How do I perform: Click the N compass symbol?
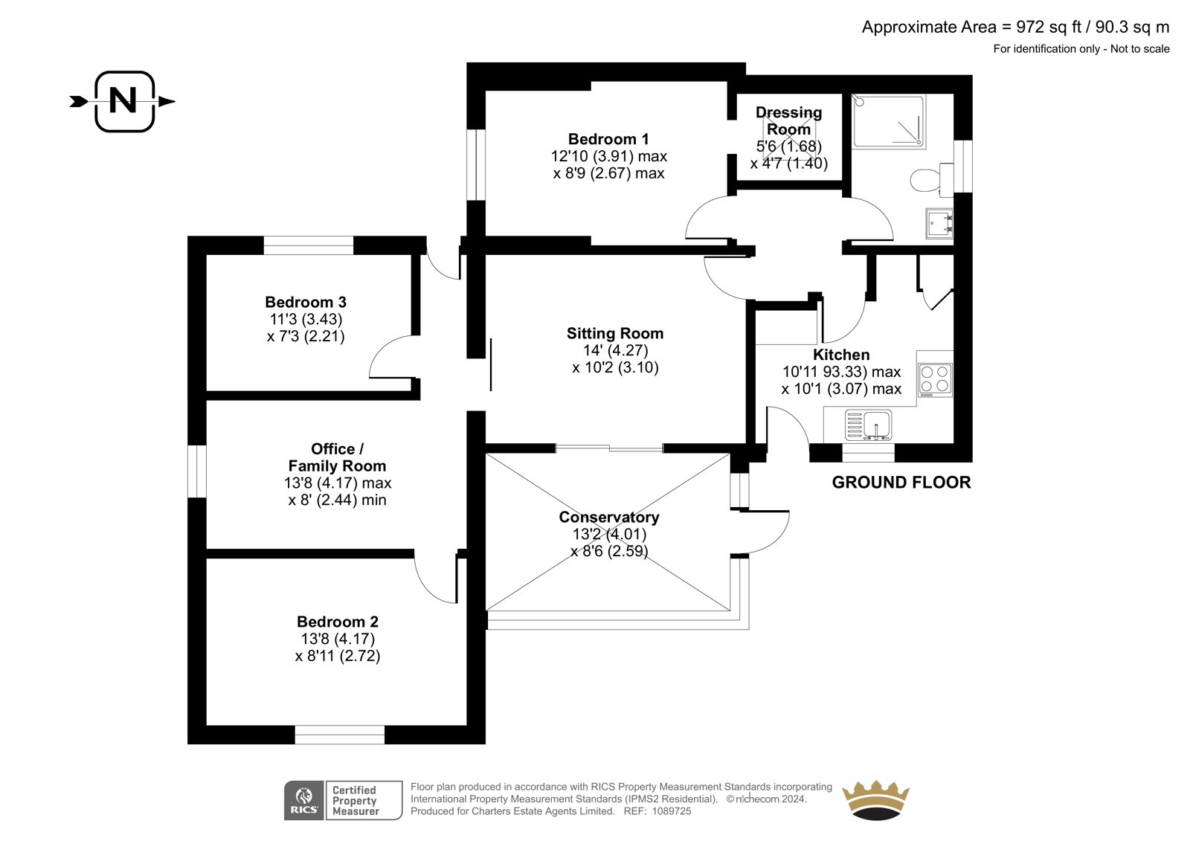[x=124, y=101]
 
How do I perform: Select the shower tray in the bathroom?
[x=888, y=121]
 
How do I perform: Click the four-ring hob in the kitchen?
[x=935, y=379]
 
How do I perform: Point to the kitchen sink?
[x=869, y=426]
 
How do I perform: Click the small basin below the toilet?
[x=939, y=223]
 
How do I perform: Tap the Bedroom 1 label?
[x=608, y=139]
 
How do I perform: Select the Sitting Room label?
[x=614, y=333]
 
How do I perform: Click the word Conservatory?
[x=608, y=517]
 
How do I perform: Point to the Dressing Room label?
[x=788, y=120]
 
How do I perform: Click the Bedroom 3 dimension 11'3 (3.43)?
[x=306, y=319]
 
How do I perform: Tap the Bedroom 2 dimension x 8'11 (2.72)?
[x=338, y=656]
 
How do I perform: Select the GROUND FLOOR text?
[x=901, y=482]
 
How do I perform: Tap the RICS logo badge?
[x=303, y=800]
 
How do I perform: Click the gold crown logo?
[x=875, y=799]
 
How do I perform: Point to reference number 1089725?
[x=672, y=811]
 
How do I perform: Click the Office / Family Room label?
[x=337, y=457]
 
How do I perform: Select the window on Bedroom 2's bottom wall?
[x=340, y=735]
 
